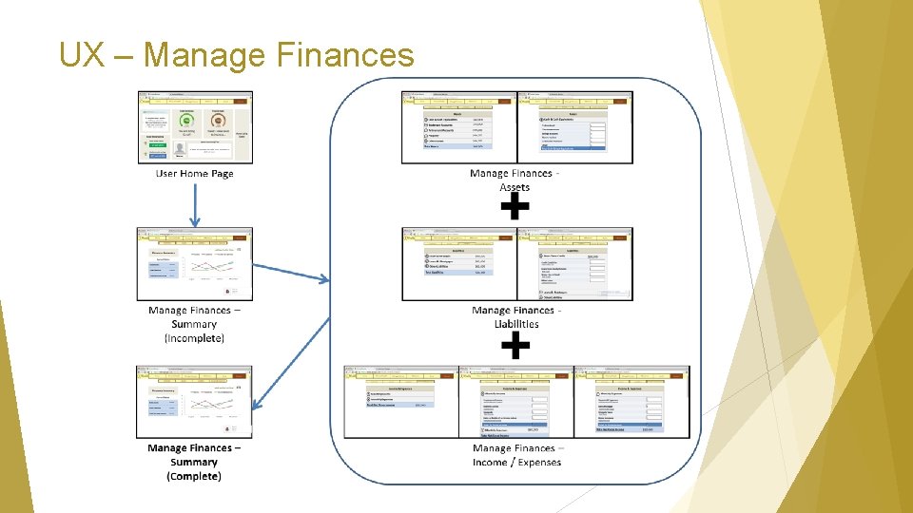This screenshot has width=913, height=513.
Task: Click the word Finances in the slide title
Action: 345,55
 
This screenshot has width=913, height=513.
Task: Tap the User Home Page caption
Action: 194,174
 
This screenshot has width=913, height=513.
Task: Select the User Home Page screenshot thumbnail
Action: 194,127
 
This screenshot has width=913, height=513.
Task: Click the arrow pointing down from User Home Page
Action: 194,204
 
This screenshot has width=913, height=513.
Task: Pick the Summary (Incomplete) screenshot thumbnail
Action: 194,263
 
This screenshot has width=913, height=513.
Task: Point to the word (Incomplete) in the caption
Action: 194,338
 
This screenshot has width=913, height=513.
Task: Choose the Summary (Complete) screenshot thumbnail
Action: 194,401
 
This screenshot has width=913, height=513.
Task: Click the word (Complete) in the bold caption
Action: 194,476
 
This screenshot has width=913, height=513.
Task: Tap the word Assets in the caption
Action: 515,187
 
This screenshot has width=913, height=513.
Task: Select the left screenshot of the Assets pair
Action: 458,127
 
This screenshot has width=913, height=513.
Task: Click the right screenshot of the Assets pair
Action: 574,127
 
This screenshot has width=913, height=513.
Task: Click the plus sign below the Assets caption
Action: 515,208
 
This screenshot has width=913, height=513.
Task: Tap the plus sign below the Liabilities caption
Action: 515,345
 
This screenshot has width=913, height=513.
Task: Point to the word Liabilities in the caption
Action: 516,324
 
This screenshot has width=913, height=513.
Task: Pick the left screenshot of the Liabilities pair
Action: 458,264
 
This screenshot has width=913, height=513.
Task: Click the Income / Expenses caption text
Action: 516,462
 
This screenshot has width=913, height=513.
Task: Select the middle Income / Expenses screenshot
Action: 515,402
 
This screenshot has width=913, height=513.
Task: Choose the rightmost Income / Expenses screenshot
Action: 631,402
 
